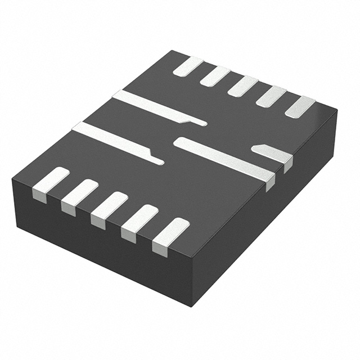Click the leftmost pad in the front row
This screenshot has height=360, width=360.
coord(51,183)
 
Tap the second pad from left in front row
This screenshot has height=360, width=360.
coord(79,195)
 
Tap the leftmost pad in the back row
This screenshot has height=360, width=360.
coord(188,66)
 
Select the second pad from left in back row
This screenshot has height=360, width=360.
coord(215,76)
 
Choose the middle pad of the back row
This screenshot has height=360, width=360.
coord(242,86)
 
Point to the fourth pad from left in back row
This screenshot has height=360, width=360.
coord(271,96)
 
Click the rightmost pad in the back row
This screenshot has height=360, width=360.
coord(300,107)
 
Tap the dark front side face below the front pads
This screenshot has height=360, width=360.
coord(101,247)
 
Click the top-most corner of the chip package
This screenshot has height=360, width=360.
coord(171,51)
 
